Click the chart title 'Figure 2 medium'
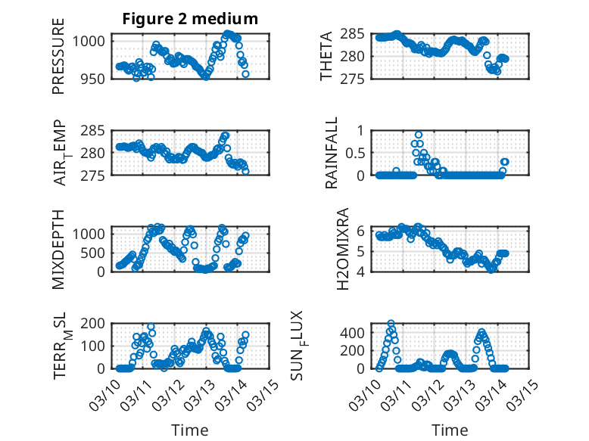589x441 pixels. pos(190,19)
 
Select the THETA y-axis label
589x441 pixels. pos(326,56)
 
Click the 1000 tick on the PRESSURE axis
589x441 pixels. pos(94,41)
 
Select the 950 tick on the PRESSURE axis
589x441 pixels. pos(97,79)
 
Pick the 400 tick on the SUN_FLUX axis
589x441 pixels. pos(357,332)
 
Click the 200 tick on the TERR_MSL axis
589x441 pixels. pos(97,323)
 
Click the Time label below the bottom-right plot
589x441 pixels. pos(450,430)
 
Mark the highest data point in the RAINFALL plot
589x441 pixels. pos(418,135)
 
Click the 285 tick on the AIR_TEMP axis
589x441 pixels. pos(97,130)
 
